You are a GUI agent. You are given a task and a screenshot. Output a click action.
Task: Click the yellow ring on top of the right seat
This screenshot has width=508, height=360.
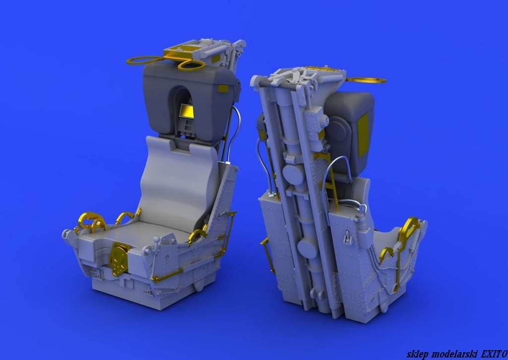[366, 80]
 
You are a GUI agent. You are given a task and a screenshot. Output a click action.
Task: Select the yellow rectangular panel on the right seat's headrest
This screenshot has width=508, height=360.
[363, 134]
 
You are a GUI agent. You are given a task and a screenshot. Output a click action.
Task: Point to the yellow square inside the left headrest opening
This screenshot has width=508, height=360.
[187, 112]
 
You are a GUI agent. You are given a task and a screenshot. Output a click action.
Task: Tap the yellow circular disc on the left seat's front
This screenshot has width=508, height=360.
[118, 259]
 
